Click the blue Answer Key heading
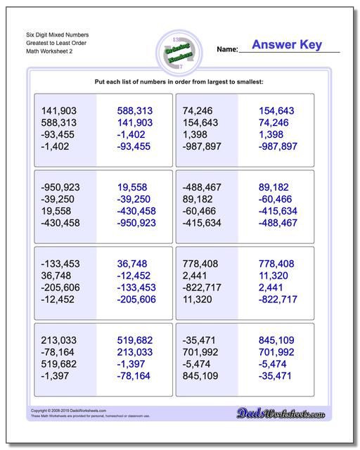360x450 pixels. coord(288,45)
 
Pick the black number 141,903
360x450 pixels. coord(59,110)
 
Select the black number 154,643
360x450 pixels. coord(201,122)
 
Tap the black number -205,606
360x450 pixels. coord(62,287)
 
